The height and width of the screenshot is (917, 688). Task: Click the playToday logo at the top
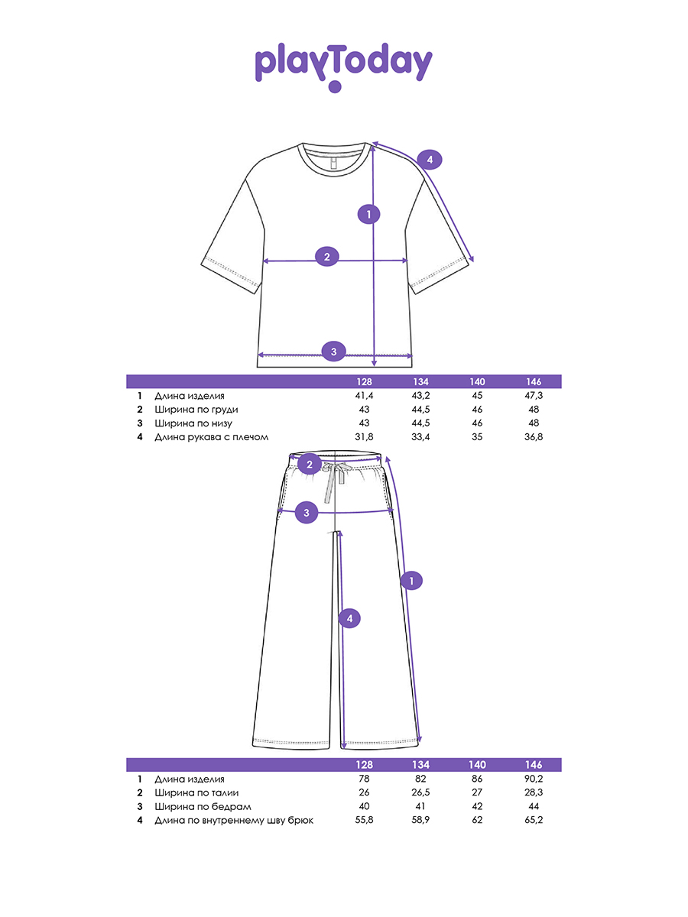pyautogui.click(x=343, y=67)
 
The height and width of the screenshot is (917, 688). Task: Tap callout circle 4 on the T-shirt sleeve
pyautogui.click(x=430, y=160)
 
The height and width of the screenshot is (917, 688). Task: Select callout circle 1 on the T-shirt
pyautogui.click(x=368, y=214)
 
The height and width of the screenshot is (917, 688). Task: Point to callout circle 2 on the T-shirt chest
pyautogui.click(x=326, y=257)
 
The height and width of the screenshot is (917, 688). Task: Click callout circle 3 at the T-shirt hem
pyautogui.click(x=333, y=352)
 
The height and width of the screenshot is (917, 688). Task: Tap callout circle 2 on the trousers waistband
pyautogui.click(x=310, y=464)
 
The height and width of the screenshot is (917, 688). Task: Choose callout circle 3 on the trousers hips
pyautogui.click(x=307, y=513)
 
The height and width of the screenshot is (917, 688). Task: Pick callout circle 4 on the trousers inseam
pyautogui.click(x=349, y=618)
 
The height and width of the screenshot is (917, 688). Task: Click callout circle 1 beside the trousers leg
pyautogui.click(x=411, y=581)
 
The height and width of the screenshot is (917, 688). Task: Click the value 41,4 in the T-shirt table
pyautogui.click(x=364, y=395)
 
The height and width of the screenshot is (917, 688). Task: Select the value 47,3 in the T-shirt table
pyautogui.click(x=534, y=395)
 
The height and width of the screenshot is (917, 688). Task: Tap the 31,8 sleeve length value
pyautogui.click(x=364, y=436)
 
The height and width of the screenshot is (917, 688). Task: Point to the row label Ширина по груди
pyautogui.click(x=196, y=410)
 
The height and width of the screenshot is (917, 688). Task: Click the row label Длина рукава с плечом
pyautogui.click(x=212, y=437)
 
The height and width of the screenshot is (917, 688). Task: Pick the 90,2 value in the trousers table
pyautogui.click(x=534, y=778)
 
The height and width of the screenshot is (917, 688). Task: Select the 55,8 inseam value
pyautogui.click(x=364, y=820)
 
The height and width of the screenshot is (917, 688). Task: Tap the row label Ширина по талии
pyautogui.click(x=196, y=792)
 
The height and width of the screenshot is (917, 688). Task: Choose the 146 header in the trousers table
pyautogui.click(x=534, y=764)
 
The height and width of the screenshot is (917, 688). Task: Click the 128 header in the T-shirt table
pyautogui.click(x=364, y=381)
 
